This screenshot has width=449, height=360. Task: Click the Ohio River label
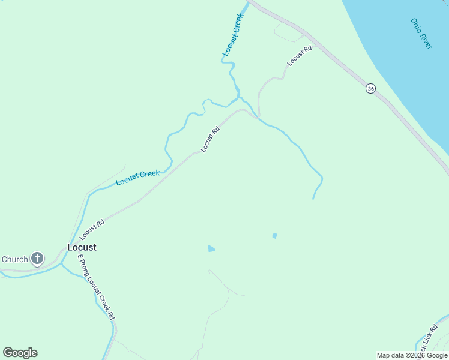[421, 34]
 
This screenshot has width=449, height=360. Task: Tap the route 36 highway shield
[370, 88]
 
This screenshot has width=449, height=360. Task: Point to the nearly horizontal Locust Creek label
[138, 178]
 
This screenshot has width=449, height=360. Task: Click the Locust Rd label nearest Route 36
[300, 55]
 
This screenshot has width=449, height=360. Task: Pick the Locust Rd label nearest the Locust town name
[92, 230]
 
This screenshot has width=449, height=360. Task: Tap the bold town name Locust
[82, 247]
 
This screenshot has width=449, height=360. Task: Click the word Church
[15, 259]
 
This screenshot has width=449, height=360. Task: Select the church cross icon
[37, 259]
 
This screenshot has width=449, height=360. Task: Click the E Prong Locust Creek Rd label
[95, 286]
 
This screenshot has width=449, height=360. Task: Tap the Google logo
[20, 353]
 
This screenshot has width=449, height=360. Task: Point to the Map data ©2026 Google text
[412, 355]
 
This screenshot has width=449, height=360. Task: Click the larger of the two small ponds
[211, 248]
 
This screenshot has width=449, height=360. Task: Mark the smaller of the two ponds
[274, 236]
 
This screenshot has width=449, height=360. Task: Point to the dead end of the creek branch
[313, 199]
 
